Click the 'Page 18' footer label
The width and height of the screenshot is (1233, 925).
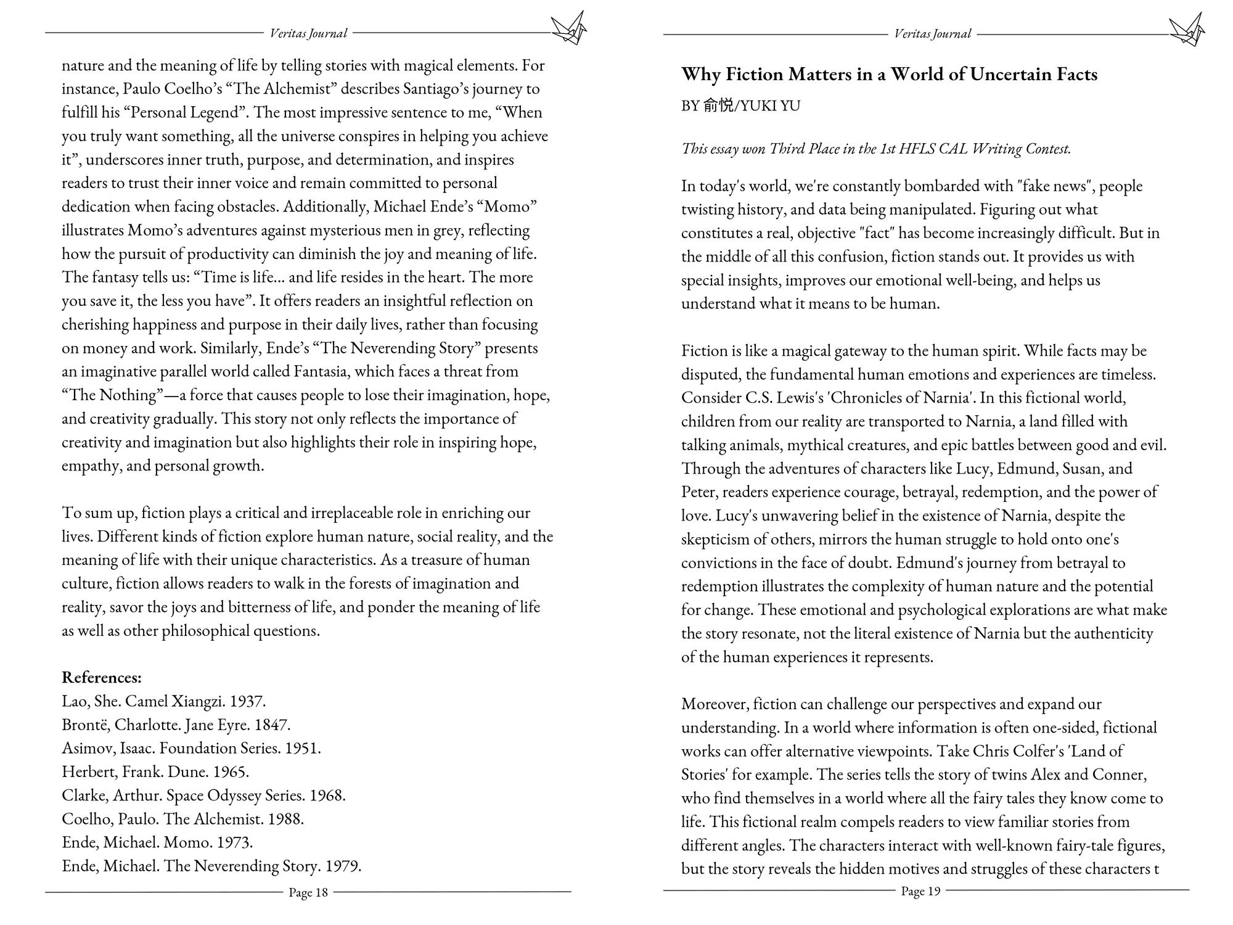pyautogui.click(x=308, y=892)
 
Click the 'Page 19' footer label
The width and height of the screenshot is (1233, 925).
pyautogui.click(x=920, y=891)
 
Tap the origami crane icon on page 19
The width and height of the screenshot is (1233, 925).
pyautogui.click(x=1187, y=29)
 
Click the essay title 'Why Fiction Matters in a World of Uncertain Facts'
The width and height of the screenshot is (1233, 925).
pyautogui.click(x=889, y=75)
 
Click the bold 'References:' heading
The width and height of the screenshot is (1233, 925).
pyautogui.click(x=102, y=678)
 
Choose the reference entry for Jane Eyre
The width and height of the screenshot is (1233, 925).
pyautogui.click(x=176, y=725)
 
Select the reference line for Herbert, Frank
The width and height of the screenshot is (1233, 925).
pyautogui.click(x=155, y=772)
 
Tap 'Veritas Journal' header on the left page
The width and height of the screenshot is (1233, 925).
pyautogui.click(x=308, y=33)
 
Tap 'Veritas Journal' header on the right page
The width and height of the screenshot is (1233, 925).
pyautogui.click(x=932, y=34)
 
